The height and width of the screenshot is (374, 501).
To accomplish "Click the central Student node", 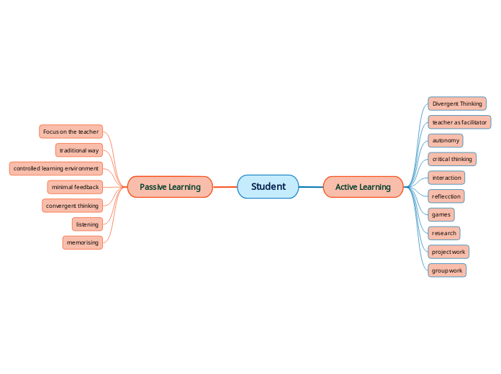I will point(268,187).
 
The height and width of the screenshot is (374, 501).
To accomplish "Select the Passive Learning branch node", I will point(170,187).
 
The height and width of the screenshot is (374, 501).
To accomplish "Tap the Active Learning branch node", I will point(363,187).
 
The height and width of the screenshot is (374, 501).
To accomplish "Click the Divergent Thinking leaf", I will point(457,104).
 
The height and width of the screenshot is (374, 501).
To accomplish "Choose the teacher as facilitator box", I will point(459,122).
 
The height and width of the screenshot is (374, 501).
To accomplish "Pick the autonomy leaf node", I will point(446,140).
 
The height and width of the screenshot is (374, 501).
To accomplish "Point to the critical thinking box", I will point(452,159).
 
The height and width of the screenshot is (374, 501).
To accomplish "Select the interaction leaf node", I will point(446,178).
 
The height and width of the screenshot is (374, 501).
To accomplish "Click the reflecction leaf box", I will point(446,196).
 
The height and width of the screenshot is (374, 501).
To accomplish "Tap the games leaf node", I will point(441,214).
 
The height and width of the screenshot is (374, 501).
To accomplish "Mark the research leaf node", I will point(443,233).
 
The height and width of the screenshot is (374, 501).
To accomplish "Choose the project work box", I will point(448,252).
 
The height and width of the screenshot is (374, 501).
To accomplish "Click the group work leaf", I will point(447,270).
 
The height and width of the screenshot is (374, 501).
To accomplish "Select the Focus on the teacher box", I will point(71,132).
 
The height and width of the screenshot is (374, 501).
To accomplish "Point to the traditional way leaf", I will point(79,150).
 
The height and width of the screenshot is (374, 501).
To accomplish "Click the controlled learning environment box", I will point(56,168).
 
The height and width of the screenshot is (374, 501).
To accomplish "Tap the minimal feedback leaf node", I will point(75,187).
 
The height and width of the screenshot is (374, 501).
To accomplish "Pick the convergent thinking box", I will point(72,206).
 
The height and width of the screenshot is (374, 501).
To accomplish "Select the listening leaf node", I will point(87,224).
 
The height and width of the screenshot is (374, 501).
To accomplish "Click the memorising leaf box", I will point(83,242).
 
